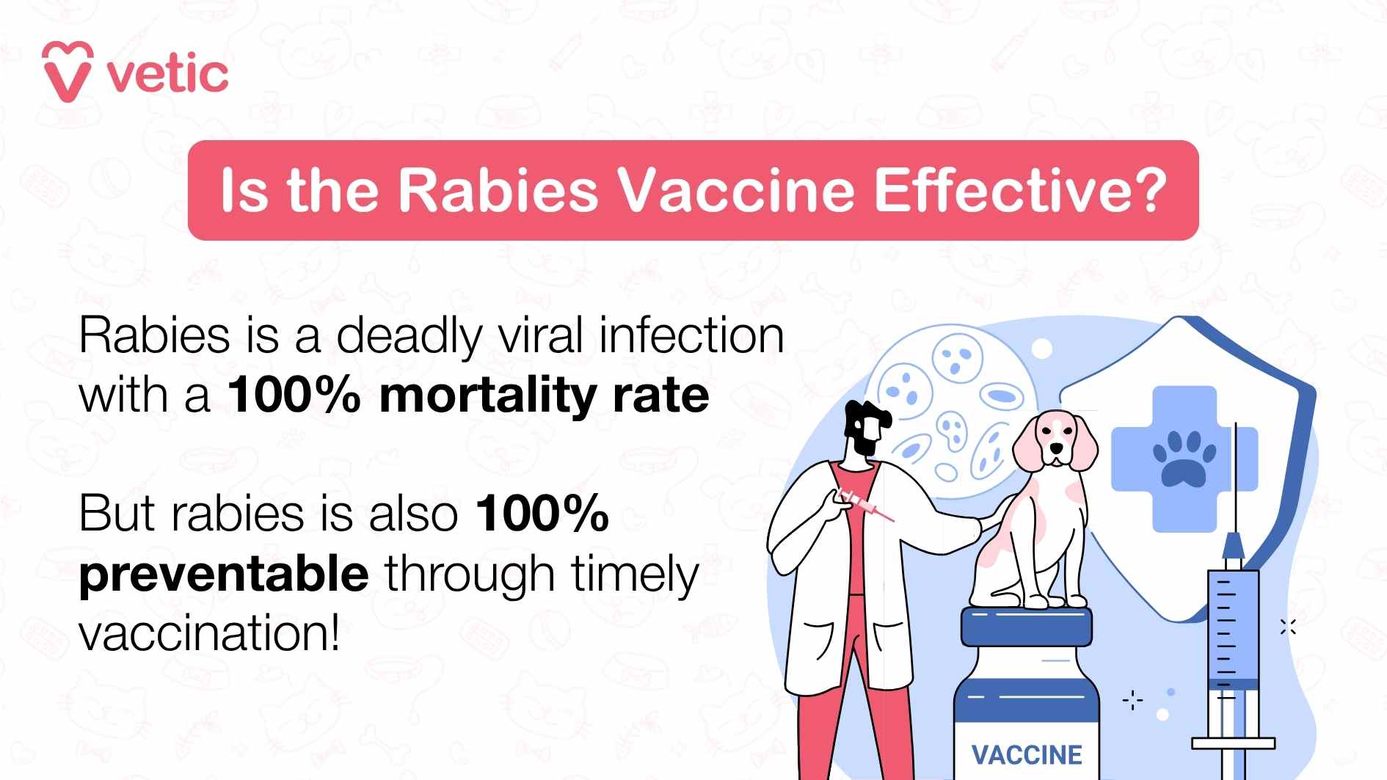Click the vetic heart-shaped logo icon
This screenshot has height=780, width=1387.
[x=68, y=71]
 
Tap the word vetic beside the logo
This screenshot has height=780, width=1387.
[x=168, y=74]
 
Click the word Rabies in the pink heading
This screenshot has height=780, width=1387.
[x=498, y=191]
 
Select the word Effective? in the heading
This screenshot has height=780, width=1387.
[x=1019, y=191]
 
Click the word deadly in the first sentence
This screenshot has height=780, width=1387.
[x=409, y=336]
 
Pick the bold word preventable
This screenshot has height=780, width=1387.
[x=224, y=574]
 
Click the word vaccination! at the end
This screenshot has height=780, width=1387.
[x=210, y=633]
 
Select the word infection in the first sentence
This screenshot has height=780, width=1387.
[x=691, y=336]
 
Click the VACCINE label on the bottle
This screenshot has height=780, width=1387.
[x=1027, y=755]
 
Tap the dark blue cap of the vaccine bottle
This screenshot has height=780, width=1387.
[x=1026, y=627]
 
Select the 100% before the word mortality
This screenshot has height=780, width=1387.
[x=294, y=397]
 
